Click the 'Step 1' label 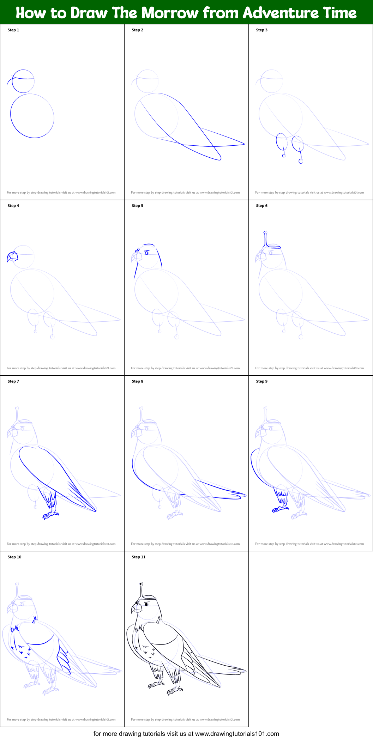click(x=13, y=30)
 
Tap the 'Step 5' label click(x=138, y=206)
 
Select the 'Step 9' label click(x=262, y=381)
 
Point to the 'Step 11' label click(x=139, y=557)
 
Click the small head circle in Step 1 click(x=23, y=81)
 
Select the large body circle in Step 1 click(x=32, y=116)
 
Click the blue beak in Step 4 click(x=12, y=257)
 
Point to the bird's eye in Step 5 click(x=147, y=253)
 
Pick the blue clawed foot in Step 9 click(x=279, y=509)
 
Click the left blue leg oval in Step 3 click(x=282, y=142)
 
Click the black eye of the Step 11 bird click(x=147, y=605)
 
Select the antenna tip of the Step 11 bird click(x=141, y=584)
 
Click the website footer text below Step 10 click(x=61, y=719)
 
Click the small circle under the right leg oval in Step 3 click(x=301, y=162)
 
